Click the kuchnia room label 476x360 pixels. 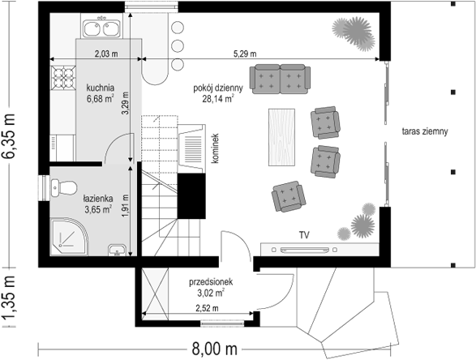[101, 88]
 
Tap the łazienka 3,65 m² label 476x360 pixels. [98, 204]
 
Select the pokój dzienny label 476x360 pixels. [218, 88]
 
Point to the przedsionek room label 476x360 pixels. [211, 282]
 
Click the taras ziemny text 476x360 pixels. [425, 131]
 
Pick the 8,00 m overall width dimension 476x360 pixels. [215, 349]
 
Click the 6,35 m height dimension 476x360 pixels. [8, 136]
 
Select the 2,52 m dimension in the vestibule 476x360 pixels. [207, 308]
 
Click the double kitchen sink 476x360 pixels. [102, 28]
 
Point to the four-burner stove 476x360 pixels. [63, 78]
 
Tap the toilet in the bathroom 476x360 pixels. [63, 187]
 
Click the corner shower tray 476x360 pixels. [69, 237]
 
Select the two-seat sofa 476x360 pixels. [280, 79]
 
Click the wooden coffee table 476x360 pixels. [281, 137]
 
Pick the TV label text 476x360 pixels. [304, 235]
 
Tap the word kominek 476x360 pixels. [215, 148]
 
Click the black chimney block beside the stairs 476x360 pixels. [191, 196]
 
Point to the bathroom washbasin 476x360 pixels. [118, 250]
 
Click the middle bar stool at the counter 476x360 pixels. [178, 46]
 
